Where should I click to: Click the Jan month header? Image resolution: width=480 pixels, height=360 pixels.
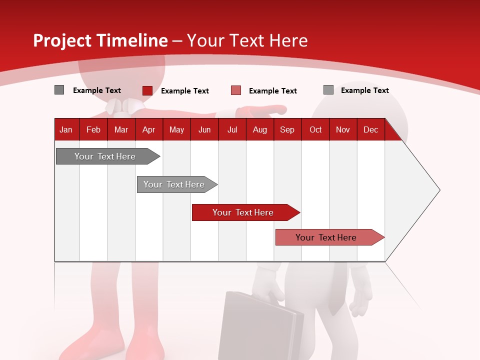point(66,130)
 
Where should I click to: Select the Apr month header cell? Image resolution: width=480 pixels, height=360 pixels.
point(149,130)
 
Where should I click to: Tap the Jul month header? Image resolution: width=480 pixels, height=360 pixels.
point(232,130)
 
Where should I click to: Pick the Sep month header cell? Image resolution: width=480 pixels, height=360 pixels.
point(287,130)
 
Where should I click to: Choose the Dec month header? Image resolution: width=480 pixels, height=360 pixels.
point(370,130)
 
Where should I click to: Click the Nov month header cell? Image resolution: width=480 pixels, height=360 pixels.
point(343,130)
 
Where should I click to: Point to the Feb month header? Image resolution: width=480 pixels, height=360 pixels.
point(93,130)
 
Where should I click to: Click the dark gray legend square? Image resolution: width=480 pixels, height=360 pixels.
point(59,90)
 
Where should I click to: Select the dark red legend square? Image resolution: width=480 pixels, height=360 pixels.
point(147,90)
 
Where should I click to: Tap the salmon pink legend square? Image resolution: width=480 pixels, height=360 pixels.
point(236,90)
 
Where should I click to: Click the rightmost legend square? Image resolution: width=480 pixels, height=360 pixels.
point(328,90)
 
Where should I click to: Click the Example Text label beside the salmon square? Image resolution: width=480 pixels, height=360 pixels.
point(273,91)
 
